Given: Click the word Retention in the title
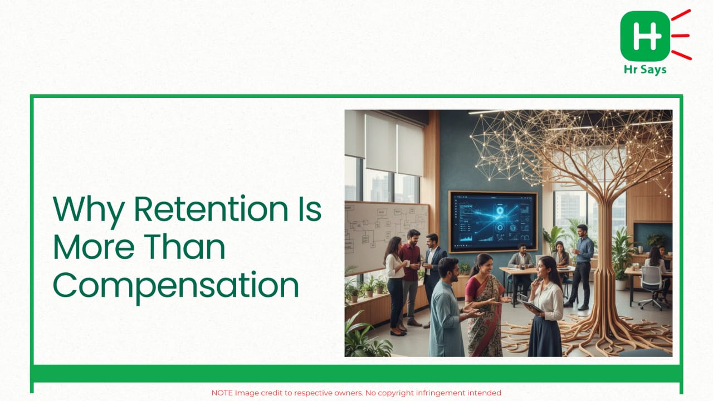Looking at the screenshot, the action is tap(211, 209).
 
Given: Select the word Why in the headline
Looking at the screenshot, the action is tap(89, 211).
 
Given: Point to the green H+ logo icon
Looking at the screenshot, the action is tap(645, 36).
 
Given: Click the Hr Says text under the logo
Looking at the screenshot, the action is tap(645, 70).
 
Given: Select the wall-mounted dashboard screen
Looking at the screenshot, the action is tap(493, 222).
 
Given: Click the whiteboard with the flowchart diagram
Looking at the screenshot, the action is tap(386, 236).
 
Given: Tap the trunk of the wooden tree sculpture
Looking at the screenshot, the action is tap(603, 271).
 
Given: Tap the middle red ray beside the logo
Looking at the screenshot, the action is tap(681, 36).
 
